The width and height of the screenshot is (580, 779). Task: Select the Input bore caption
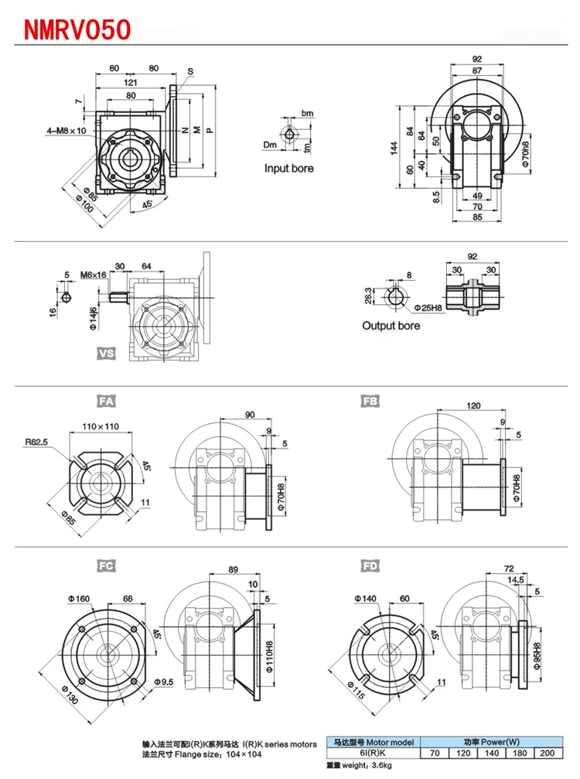[289, 168]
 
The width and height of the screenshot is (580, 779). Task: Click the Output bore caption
[391, 326]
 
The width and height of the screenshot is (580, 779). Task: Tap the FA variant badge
[106, 401]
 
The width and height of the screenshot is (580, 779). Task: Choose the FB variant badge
[370, 401]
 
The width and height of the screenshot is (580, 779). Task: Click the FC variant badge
[106, 565]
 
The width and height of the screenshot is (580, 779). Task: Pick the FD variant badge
[370, 565]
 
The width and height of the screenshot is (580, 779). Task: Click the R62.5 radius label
[37, 442]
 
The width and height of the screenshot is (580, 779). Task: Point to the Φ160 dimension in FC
[80, 598]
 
